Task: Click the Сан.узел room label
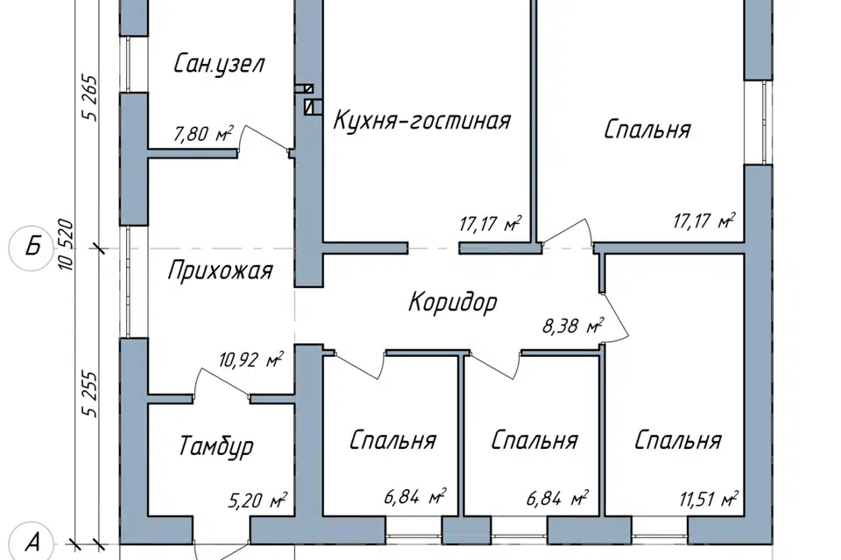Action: coord(219,64)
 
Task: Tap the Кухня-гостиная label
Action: coord(420,120)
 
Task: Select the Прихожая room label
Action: coord(220,271)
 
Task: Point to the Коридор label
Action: coord(452,303)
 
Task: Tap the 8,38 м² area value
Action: coord(574,327)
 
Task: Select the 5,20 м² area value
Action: coord(259,501)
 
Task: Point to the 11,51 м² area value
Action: coord(707,500)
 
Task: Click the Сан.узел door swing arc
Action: coord(265,138)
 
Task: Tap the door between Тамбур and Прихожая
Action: coord(221,383)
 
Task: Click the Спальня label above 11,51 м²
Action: coord(678,439)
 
